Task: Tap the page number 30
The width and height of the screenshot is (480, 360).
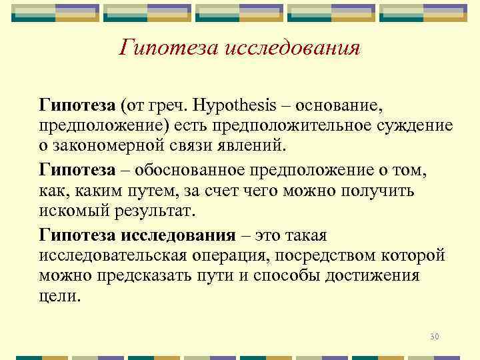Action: (x=435, y=336)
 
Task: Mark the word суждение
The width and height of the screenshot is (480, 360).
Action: (x=421, y=126)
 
